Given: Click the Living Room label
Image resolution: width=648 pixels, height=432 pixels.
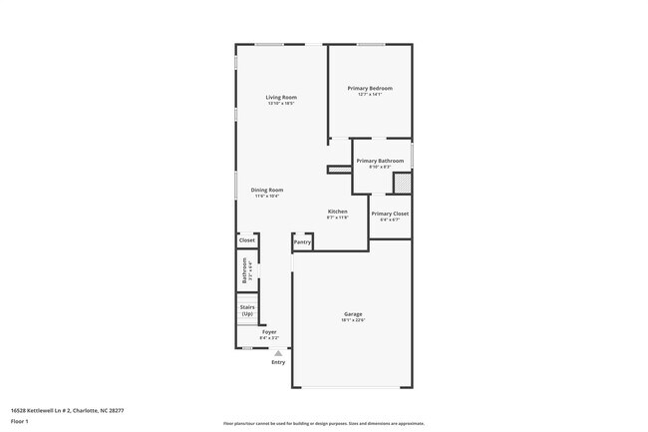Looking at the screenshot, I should click(x=281, y=97).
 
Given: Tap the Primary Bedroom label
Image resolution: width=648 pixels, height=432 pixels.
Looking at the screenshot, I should click(x=369, y=89).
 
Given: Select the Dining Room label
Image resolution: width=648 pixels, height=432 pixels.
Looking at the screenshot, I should click(x=267, y=190).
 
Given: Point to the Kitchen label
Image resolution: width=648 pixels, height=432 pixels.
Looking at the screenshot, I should click(x=338, y=212).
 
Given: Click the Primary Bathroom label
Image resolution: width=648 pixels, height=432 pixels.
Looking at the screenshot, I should click(x=380, y=161).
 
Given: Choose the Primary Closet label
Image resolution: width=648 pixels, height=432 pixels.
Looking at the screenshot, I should click(x=390, y=214).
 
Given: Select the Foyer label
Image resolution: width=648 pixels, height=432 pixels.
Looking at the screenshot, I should click(x=269, y=331).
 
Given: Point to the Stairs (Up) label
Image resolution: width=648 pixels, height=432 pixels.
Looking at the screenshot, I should click(x=246, y=310).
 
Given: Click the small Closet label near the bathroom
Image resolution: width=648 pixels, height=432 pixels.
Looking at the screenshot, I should click(x=247, y=240).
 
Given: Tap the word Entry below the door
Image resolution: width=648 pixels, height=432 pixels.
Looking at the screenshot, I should click(x=278, y=361).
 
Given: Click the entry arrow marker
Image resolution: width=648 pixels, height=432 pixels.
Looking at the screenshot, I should click(x=278, y=352).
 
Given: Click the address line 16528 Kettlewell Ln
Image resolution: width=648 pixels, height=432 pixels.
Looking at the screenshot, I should click(x=66, y=410).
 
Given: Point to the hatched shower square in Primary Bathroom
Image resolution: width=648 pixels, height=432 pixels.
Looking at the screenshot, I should click(x=402, y=184).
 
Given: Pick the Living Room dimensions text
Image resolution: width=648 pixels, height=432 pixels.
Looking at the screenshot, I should click(x=281, y=104).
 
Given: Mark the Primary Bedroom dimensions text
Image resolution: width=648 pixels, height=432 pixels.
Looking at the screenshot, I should click(x=369, y=96).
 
